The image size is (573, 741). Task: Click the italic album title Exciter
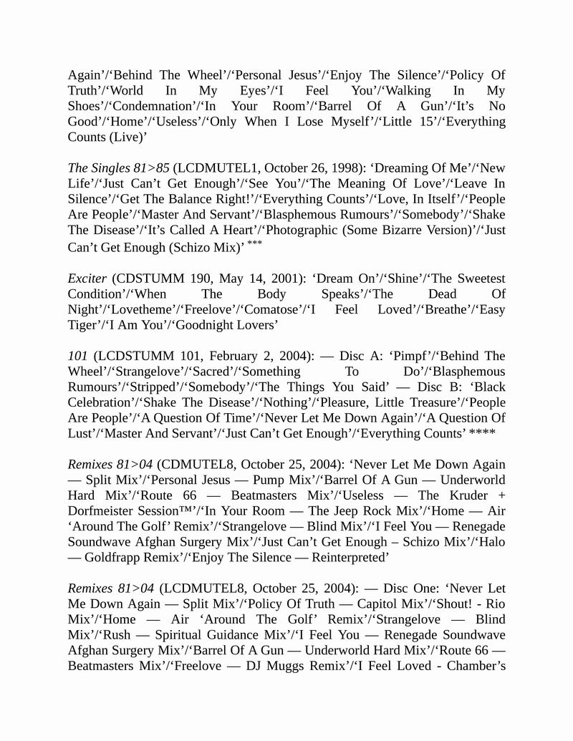pos(87,279)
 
